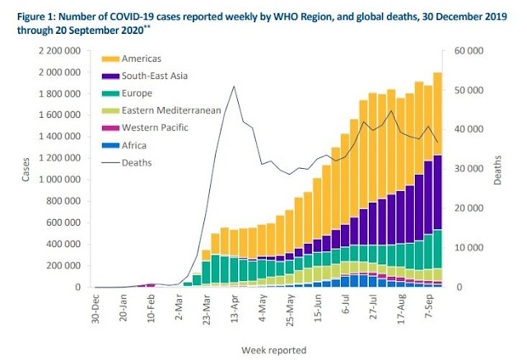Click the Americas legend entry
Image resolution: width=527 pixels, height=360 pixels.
pos(133,59)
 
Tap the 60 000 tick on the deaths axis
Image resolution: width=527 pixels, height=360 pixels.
pos(468,51)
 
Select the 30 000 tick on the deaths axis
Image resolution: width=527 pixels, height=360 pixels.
pos(468,169)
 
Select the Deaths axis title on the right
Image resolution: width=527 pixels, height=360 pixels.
pos(497,169)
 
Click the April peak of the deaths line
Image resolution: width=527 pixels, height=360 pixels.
pos(235,86)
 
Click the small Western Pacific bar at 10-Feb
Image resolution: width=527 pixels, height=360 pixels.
pos(151,285)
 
